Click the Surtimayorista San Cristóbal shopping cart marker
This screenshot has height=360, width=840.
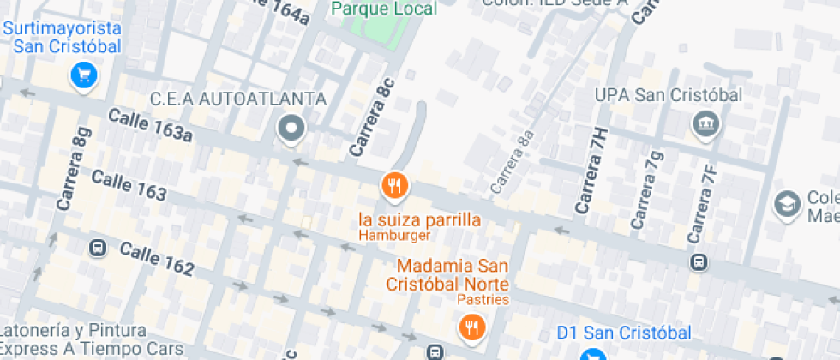pyautogui.click(x=84, y=75)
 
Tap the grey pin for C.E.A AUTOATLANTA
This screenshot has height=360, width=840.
pyautogui.click(x=292, y=129)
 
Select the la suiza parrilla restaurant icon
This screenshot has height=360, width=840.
pyautogui.click(x=394, y=184)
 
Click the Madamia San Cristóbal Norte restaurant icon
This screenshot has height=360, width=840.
pyautogui.click(x=471, y=326)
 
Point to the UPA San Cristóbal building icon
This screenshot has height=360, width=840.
pyautogui.click(x=707, y=124)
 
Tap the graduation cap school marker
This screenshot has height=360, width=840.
pyautogui.click(x=785, y=204)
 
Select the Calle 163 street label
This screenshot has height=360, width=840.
pyautogui.click(x=129, y=185)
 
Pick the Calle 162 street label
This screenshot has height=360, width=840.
pyautogui.click(x=157, y=258)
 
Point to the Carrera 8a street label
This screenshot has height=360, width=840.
pyautogui.click(x=513, y=161)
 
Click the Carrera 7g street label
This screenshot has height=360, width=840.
pyautogui.click(x=646, y=189)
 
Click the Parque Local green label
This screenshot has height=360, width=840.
pyautogui.click(x=384, y=9)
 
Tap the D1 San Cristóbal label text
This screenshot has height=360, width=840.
pyautogui.click(x=624, y=332)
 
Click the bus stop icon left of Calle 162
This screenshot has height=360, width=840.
pyautogui.click(x=96, y=249)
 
